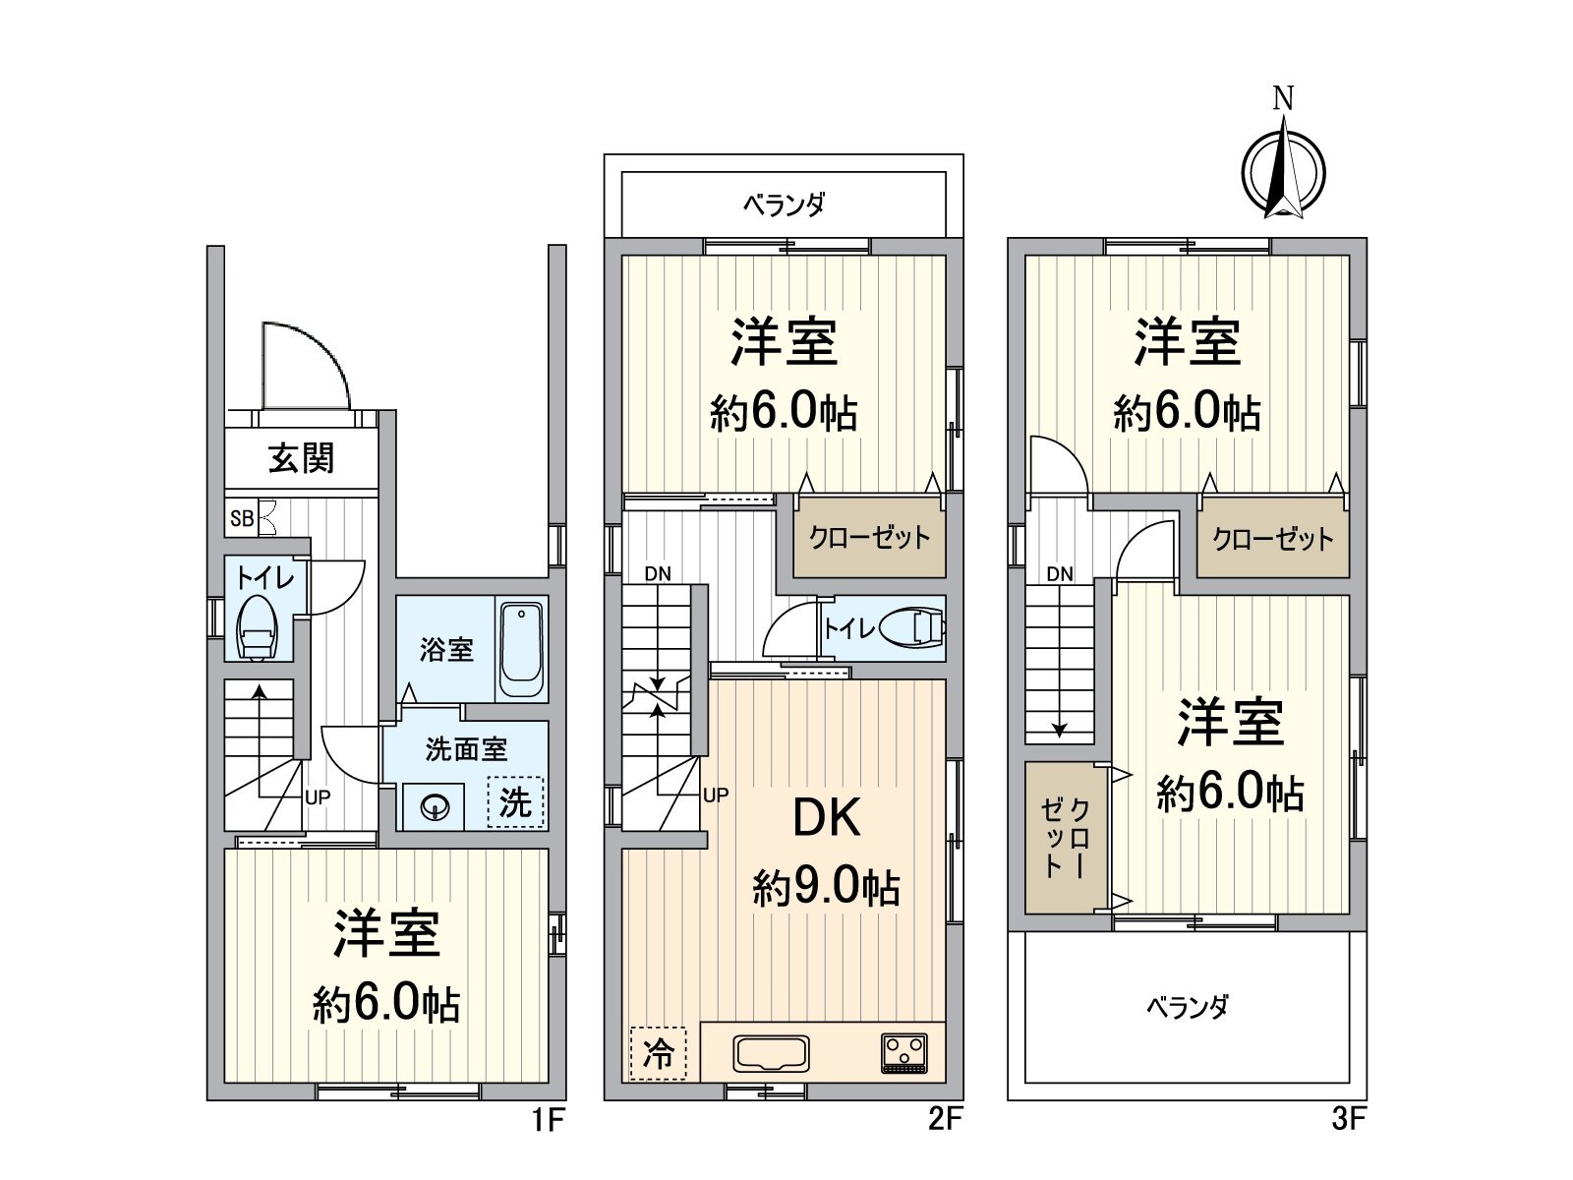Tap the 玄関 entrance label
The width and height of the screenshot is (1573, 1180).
(301, 458)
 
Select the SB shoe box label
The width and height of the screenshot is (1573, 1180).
(241, 518)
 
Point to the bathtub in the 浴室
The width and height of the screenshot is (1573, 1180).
(521, 649)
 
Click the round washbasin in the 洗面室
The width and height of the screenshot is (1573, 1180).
(435, 807)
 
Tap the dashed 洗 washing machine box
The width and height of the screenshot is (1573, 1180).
(516, 802)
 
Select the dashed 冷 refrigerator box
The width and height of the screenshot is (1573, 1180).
(658, 1053)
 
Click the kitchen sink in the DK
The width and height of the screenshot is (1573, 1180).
(771, 1053)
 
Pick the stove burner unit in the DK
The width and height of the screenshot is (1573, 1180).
(903, 1053)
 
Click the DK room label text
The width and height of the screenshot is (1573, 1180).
(827, 817)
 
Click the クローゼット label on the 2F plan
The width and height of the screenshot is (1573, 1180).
(869, 538)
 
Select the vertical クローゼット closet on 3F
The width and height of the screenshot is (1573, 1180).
(1066, 837)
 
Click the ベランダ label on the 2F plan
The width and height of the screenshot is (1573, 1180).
(784, 205)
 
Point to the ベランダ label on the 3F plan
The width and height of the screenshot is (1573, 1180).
(1187, 1007)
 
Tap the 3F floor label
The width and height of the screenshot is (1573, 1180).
(1349, 1120)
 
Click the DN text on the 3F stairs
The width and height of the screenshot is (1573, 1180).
(1060, 574)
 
